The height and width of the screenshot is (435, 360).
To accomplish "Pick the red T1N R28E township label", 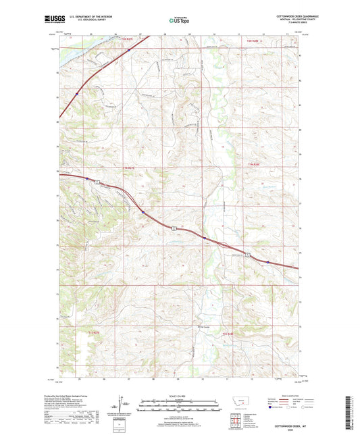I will point(253,163).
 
